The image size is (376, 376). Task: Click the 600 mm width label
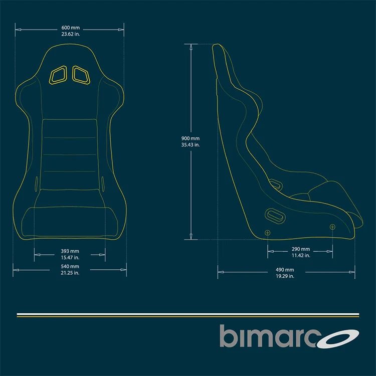pyautogui.click(x=70, y=28)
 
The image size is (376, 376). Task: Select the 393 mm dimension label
pyautogui.click(x=70, y=251)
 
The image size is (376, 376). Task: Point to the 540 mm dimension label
pyautogui.click(x=70, y=266)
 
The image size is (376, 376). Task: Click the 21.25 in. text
pyautogui.click(x=70, y=273)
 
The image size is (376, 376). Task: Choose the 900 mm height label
pyautogui.click(x=191, y=138)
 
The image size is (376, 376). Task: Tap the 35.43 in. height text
pyautogui.click(x=191, y=145)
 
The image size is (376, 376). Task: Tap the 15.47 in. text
pyautogui.click(x=70, y=257)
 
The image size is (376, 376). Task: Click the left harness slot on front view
pyautogui.click(x=58, y=74)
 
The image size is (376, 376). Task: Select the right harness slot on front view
pyautogui.click(x=81, y=74)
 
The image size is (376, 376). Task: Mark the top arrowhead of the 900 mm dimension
pyautogui.click(x=191, y=47)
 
